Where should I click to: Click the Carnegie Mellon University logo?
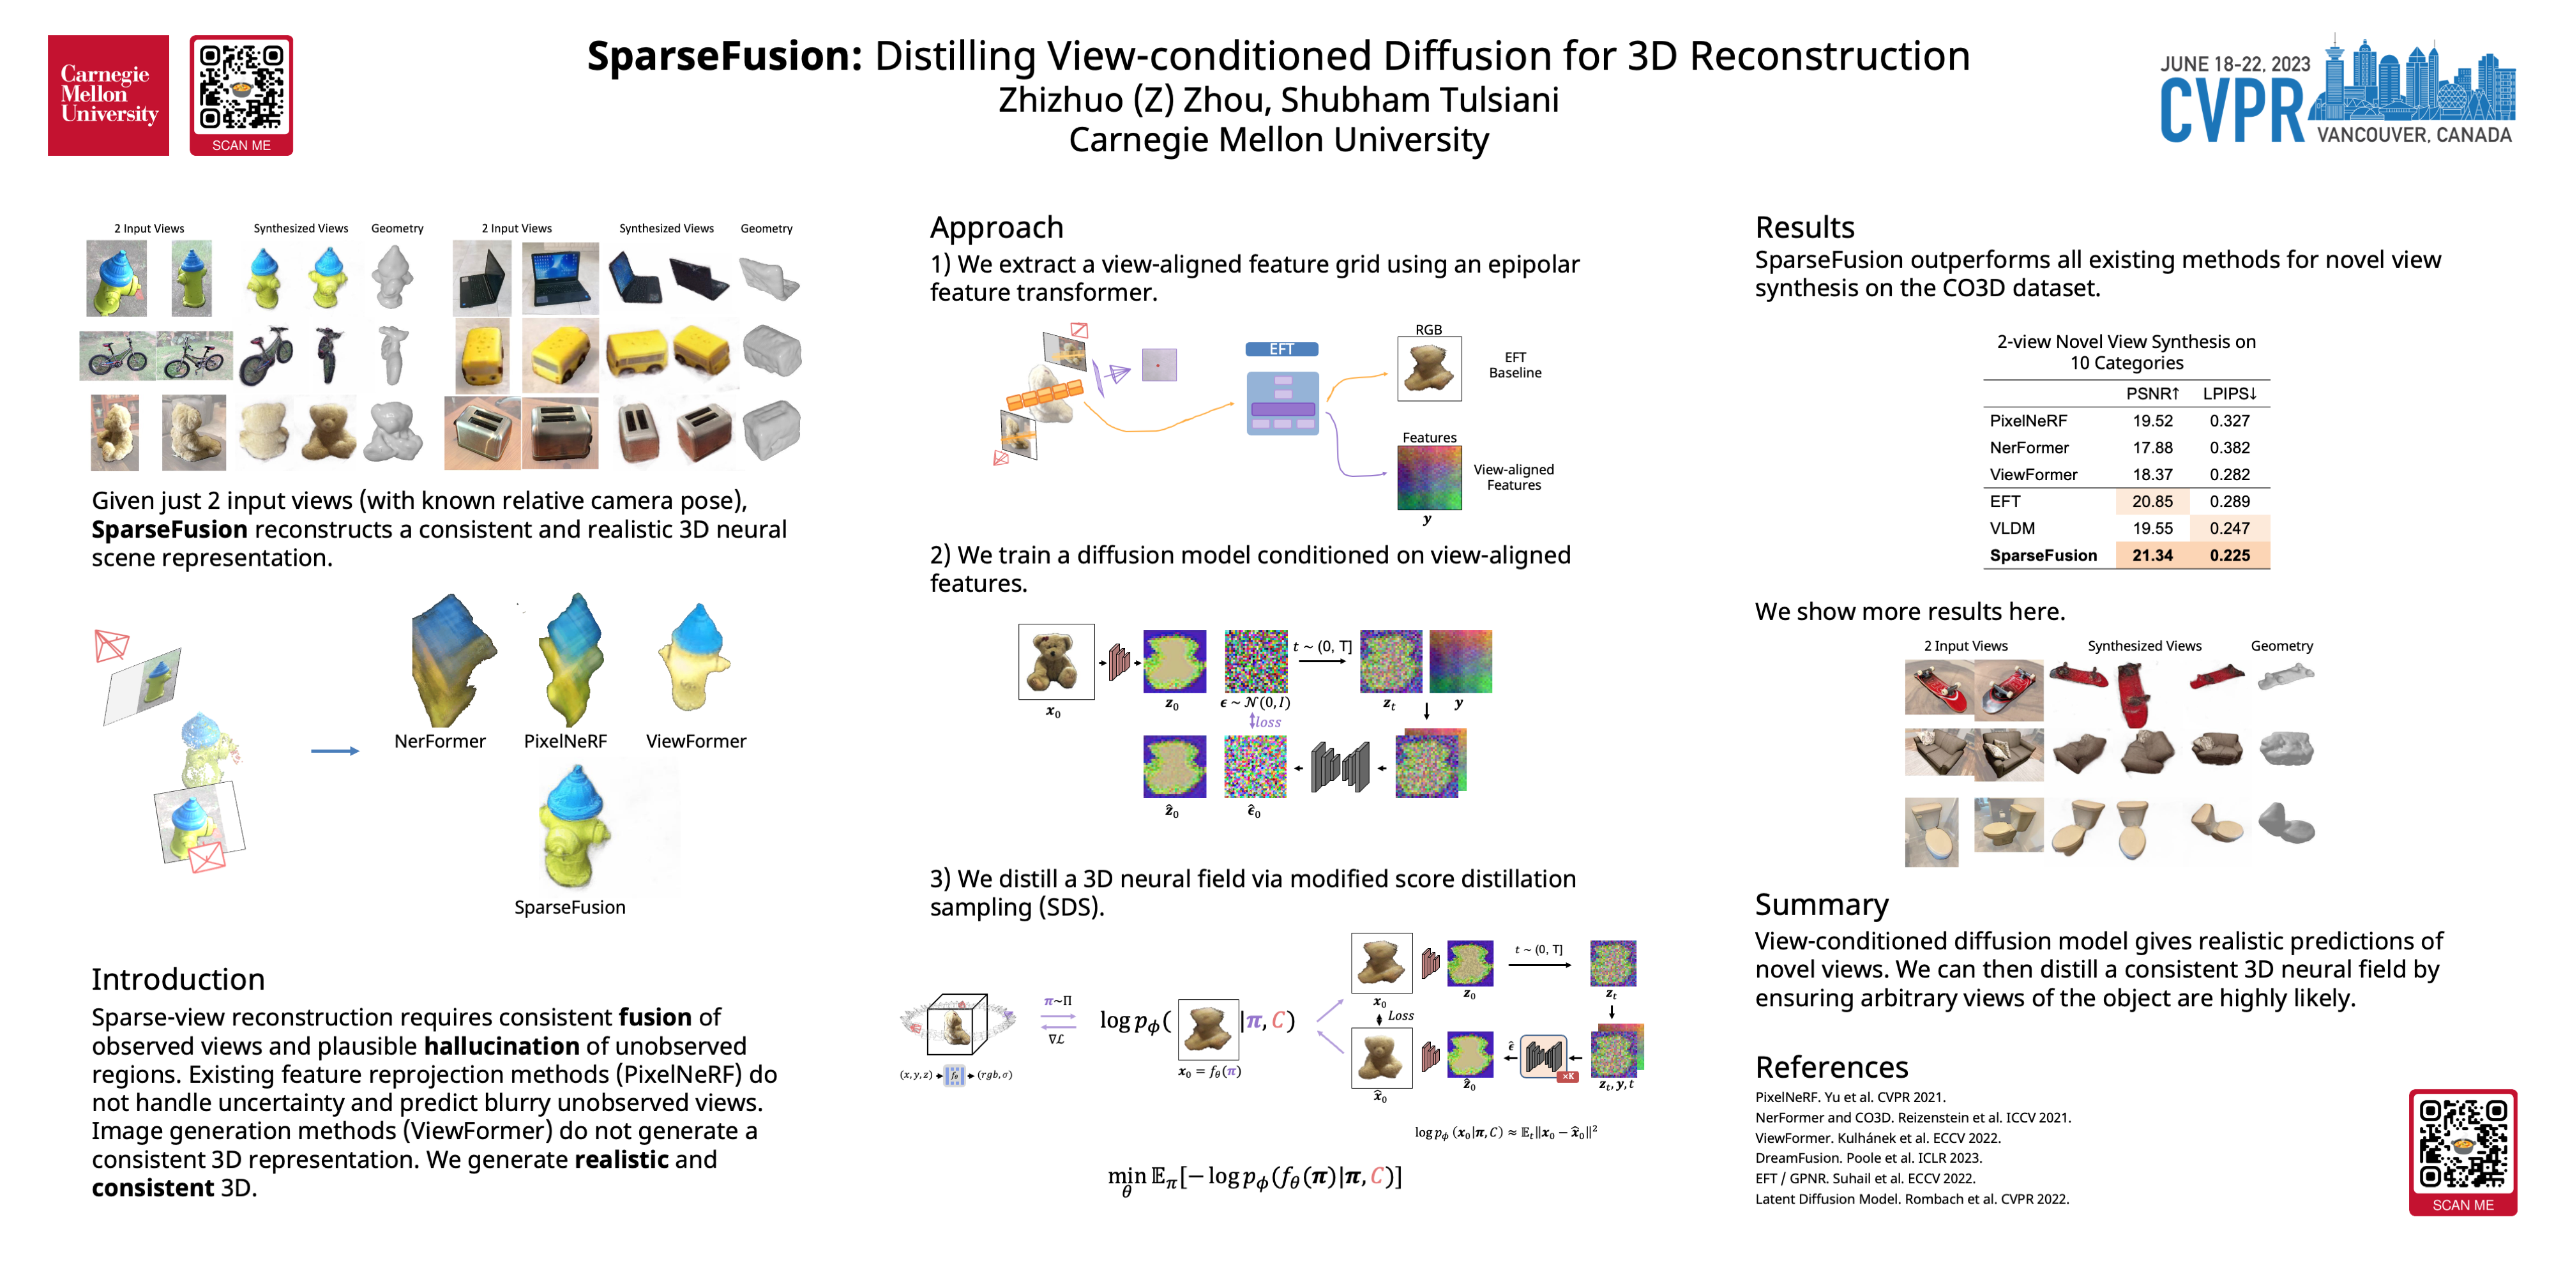[108, 95]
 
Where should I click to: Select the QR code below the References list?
[2463, 1144]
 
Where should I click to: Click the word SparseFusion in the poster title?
[725, 57]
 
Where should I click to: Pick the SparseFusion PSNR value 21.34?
[2152, 555]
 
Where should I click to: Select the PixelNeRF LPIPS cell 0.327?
[2229, 420]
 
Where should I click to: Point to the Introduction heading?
[179, 979]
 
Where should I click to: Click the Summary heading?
[1821, 904]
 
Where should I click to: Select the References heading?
[1831, 1067]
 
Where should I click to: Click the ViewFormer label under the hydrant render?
[696, 741]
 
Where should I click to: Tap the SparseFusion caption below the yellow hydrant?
[570, 907]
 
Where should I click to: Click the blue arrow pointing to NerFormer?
[334, 750]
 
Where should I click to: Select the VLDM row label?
[2012, 529]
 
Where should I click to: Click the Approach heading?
[997, 227]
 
